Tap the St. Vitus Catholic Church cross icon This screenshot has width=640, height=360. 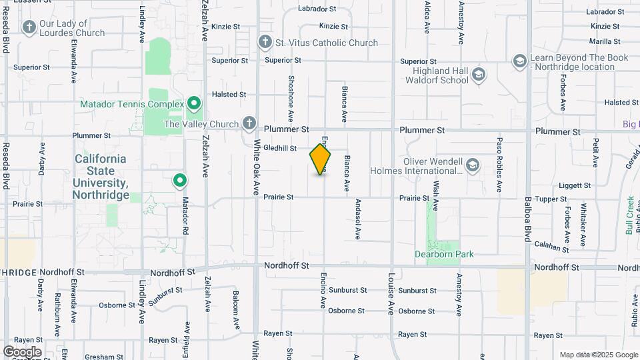click(x=265, y=43)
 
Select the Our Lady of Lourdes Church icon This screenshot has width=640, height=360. click(x=29, y=27)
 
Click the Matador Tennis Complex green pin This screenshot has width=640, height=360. click(x=194, y=104)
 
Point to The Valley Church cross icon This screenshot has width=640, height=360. click(x=249, y=123)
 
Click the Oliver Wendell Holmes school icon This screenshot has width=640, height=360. click(x=473, y=165)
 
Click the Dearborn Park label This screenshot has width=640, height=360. click(x=443, y=254)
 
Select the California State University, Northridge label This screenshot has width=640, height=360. click(x=101, y=177)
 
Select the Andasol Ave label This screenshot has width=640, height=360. click(x=358, y=219)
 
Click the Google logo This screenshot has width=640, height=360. click(x=22, y=351)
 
